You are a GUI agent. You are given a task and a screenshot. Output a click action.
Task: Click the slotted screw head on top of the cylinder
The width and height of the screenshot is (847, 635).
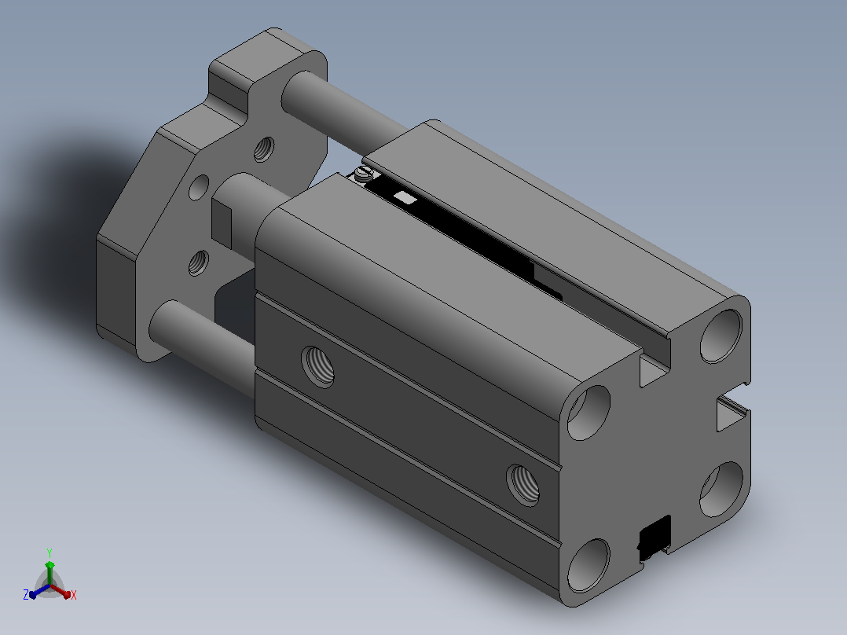click(x=364, y=173)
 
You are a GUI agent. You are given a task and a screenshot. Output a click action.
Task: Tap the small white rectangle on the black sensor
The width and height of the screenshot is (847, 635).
click(x=405, y=197)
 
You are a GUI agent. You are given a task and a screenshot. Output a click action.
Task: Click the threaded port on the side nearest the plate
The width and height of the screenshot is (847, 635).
click(x=317, y=367)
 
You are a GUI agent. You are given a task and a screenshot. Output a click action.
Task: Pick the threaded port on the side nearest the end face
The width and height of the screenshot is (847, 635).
click(x=523, y=485)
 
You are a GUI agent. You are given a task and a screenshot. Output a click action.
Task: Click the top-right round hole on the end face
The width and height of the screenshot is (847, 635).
click(x=721, y=336)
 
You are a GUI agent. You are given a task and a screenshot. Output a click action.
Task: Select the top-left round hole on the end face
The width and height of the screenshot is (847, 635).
click(x=588, y=413)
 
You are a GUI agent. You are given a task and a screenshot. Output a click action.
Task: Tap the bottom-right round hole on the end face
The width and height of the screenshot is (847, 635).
click(x=721, y=489)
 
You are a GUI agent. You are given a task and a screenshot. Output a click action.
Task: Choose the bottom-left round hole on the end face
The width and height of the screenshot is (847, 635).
click(x=588, y=566)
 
